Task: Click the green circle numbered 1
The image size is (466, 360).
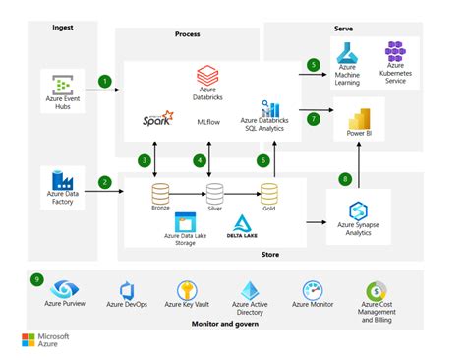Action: click(x=103, y=80)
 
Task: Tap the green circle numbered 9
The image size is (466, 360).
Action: click(x=37, y=279)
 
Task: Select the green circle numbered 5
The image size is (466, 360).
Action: click(x=314, y=65)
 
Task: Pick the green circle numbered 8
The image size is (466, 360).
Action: click(x=344, y=178)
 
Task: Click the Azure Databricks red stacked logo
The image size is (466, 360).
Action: click(x=206, y=75)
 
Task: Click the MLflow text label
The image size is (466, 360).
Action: click(x=209, y=121)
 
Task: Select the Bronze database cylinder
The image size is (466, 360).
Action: click(x=160, y=192)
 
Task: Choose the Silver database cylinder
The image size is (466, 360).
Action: click(x=215, y=192)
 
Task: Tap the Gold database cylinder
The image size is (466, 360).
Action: click(x=268, y=192)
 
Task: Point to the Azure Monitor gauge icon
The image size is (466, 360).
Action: click(x=314, y=291)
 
